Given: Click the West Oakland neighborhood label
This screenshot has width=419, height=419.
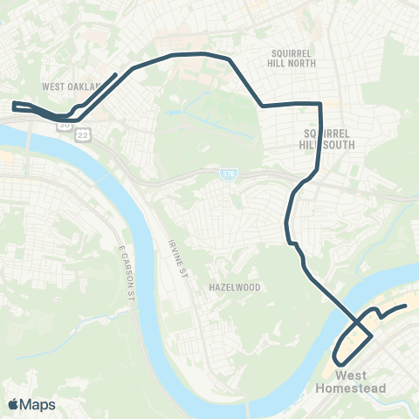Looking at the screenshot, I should click(x=72, y=86).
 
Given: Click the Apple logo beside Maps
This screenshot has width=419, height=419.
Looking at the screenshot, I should click(x=13, y=404).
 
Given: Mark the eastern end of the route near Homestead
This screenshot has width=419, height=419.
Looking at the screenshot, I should click(x=407, y=306).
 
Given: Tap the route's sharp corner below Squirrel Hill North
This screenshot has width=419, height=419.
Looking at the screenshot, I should click(x=320, y=104).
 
